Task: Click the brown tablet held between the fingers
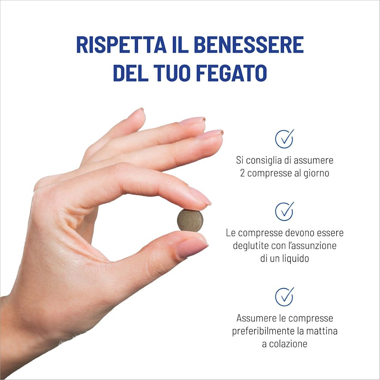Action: (190, 220)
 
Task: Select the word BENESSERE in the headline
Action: (249, 44)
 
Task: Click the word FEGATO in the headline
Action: (231, 73)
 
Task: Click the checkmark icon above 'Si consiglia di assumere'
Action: (284, 139)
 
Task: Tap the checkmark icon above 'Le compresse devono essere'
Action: (284, 211)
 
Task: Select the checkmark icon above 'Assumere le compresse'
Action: (284, 297)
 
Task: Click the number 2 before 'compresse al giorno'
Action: (242, 173)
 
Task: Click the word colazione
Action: (288, 344)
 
